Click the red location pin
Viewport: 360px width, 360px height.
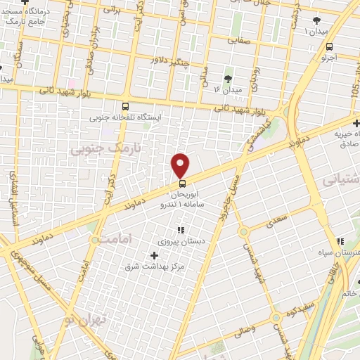click(181, 165)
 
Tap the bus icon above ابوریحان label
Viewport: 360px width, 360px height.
click(183, 184)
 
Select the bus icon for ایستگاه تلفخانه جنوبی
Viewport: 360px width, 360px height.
click(126, 105)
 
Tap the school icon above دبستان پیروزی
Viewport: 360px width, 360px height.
click(181, 229)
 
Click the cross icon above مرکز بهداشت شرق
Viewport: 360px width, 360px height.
click(154, 255)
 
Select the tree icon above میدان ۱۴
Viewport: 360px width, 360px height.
click(228, 79)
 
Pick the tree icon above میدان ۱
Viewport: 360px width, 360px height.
click(316, 20)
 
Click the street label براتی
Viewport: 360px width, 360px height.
click(112, 11)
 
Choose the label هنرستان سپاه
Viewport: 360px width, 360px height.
click(345, 252)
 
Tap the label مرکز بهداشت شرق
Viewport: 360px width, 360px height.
click(154, 266)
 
